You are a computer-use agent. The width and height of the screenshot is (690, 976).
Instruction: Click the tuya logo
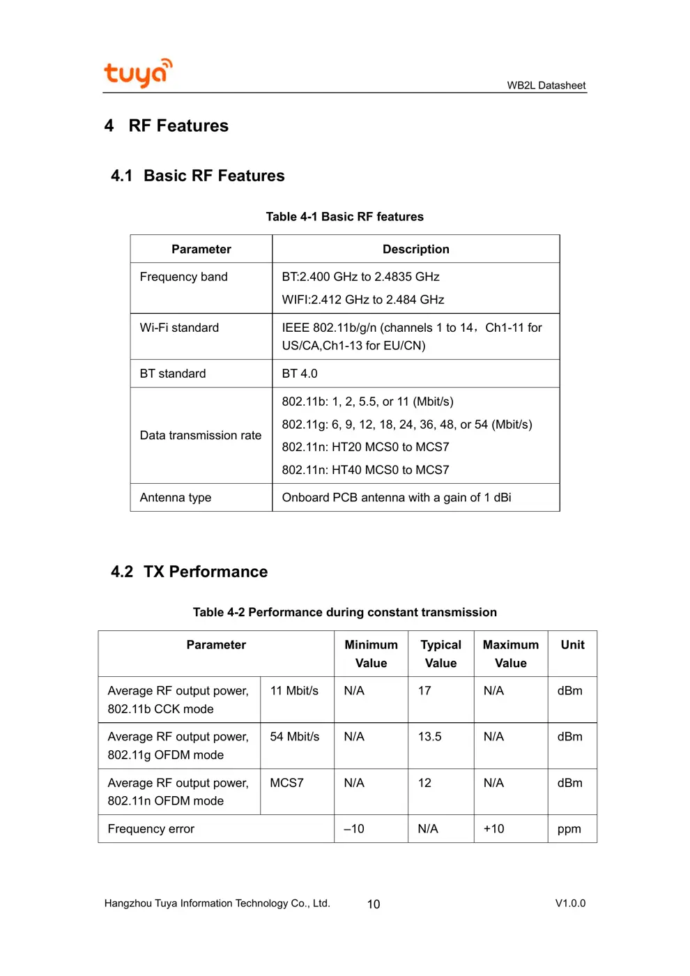pos(137,73)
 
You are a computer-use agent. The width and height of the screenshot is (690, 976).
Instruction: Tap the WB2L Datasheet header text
pos(546,86)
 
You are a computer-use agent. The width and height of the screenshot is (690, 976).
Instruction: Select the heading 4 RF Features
pos(167,125)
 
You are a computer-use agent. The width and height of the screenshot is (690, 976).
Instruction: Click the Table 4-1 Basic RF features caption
pos(344,217)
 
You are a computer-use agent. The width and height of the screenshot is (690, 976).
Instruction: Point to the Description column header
pos(415,250)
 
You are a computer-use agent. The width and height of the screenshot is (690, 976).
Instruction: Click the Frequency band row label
pos(183,277)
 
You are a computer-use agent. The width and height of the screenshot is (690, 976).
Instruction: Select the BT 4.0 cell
pos(300,374)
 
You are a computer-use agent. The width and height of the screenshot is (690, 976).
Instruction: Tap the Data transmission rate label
pos(200,436)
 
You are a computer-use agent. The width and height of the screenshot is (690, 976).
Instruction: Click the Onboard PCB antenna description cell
pos(396,498)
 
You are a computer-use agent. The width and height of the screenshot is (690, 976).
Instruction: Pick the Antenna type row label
pos(175,498)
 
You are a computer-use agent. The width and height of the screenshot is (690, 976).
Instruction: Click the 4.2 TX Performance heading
pos(189,572)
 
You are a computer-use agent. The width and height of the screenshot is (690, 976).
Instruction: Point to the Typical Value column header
pos(440,654)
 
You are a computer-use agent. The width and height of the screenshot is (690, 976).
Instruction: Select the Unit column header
pos(572,645)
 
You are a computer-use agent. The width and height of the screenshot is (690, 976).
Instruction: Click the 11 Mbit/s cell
pos(294,691)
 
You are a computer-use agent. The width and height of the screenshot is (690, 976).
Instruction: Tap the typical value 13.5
pos(429,737)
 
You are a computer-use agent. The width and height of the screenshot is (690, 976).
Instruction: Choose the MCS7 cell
pos(286,783)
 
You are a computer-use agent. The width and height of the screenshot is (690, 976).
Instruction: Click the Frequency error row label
pos(151,829)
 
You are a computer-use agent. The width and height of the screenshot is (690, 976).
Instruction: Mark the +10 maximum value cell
pos(493,829)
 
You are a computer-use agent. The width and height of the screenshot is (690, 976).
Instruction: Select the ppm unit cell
pos(569,829)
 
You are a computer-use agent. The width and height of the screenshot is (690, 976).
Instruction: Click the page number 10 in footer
pos(374,904)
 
